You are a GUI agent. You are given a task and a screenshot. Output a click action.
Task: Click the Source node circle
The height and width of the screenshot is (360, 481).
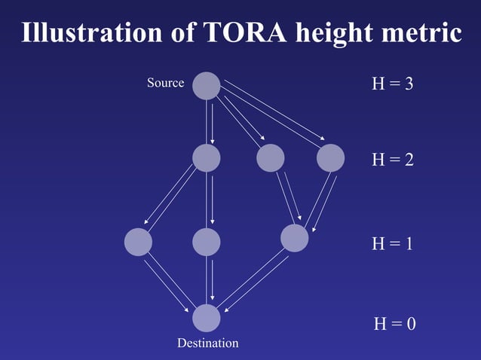click(207, 85)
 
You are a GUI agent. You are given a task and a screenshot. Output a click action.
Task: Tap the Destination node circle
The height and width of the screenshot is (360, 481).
click(207, 318)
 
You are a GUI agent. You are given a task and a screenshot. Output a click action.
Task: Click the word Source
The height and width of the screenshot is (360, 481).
click(165, 83)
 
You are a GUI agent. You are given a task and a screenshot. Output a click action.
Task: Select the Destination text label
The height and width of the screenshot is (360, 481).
click(207, 343)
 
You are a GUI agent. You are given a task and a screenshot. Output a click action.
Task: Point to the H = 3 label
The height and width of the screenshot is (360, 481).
click(392, 84)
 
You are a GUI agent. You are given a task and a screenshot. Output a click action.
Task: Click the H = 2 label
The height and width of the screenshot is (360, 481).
click(392, 160)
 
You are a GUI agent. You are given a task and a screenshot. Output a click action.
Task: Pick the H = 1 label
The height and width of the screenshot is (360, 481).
click(392, 244)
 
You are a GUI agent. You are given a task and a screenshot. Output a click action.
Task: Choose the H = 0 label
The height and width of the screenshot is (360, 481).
click(395, 324)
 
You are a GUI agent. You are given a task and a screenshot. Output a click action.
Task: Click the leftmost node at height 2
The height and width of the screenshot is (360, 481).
click(207, 158)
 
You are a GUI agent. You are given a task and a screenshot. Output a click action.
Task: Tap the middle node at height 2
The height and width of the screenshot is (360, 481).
click(270, 158)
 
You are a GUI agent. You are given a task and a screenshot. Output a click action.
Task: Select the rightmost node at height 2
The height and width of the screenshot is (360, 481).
click(330, 158)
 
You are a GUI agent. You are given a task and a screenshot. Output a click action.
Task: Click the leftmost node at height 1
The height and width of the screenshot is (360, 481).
click(138, 242)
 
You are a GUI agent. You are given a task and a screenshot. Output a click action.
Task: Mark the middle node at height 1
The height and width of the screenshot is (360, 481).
click(207, 242)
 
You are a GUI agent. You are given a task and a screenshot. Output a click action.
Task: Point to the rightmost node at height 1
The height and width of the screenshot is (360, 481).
click(294, 237)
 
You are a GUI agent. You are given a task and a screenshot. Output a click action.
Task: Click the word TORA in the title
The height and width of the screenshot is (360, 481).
click(243, 33)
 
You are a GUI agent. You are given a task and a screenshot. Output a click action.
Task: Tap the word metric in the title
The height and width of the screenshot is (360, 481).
click(422, 33)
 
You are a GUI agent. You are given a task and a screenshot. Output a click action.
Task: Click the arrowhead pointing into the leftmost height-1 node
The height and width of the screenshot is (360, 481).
click(146, 224)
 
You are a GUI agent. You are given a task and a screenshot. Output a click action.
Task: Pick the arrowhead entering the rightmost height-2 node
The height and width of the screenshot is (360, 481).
click(323, 139)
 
